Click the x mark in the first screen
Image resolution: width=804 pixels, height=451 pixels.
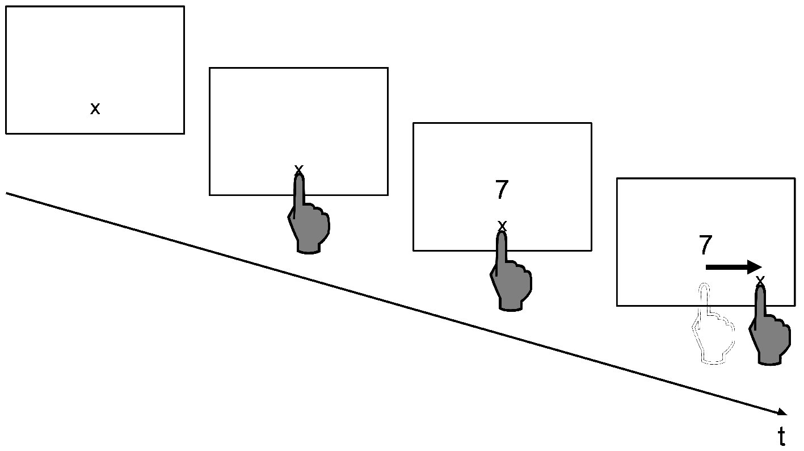[95, 108]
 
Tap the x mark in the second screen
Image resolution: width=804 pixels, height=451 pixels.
[298, 170]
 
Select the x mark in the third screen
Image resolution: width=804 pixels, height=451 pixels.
[502, 226]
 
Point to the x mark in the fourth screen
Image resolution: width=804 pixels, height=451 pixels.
[760, 280]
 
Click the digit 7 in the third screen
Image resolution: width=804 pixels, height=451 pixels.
[502, 189]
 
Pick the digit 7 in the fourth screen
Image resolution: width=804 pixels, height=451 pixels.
[705, 245]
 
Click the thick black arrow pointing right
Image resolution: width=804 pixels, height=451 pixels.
[734, 267]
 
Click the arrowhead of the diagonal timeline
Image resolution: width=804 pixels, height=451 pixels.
[782, 412]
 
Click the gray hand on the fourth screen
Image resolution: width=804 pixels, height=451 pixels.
[769, 325]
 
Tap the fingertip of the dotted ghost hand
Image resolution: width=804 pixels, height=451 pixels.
[704, 286]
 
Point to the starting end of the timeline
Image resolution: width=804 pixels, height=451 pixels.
[6, 193]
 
